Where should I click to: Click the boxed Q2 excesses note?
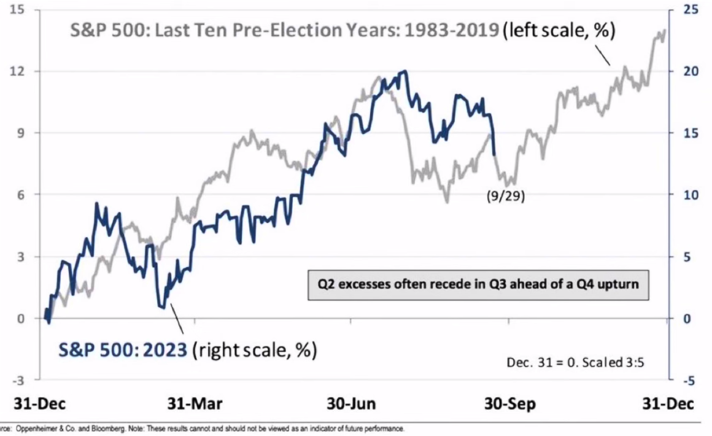tap(478, 285)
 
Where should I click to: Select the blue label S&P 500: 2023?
tap(123, 351)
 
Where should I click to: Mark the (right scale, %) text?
tap(255, 351)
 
